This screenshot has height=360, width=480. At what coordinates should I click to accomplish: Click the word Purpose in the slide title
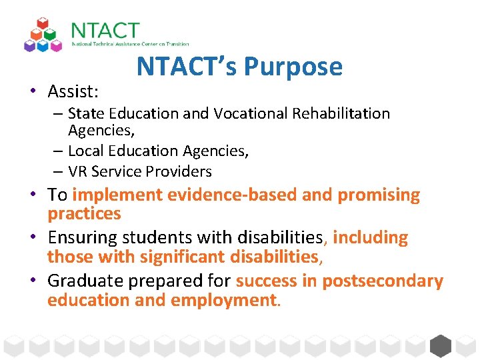(x=293, y=67)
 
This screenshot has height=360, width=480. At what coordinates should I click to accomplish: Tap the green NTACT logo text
(x=105, y=31)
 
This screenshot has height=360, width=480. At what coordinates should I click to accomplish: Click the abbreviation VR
(x=78, y=171)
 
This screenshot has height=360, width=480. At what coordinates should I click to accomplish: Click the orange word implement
(x=117, y=195)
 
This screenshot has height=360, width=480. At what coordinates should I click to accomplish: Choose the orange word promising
(x=379, y=195)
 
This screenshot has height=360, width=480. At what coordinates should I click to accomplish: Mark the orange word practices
(x=84, y=214)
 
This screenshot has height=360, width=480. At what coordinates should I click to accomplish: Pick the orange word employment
(x=223, y=300)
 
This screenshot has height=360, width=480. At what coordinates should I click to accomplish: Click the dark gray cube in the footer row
(x=441, y=345)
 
